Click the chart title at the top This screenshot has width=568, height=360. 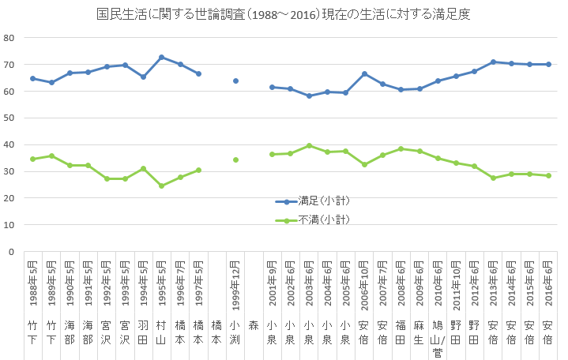(x=284, y=15)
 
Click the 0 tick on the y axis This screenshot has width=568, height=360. (x=12, y=252)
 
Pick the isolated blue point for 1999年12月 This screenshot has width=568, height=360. (x=235, y=81)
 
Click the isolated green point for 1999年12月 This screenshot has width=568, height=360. (x=235, y=159)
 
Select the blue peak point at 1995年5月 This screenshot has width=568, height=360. (x=162, y=58)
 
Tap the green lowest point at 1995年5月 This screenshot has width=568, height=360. (x=162, y=186)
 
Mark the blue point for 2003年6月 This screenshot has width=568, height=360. (x=309, y=96)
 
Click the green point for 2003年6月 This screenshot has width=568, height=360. (x=309, y=146)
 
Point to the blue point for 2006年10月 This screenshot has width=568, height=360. (x=364, y=74)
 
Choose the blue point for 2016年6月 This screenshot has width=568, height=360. (x=548, y=65)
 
